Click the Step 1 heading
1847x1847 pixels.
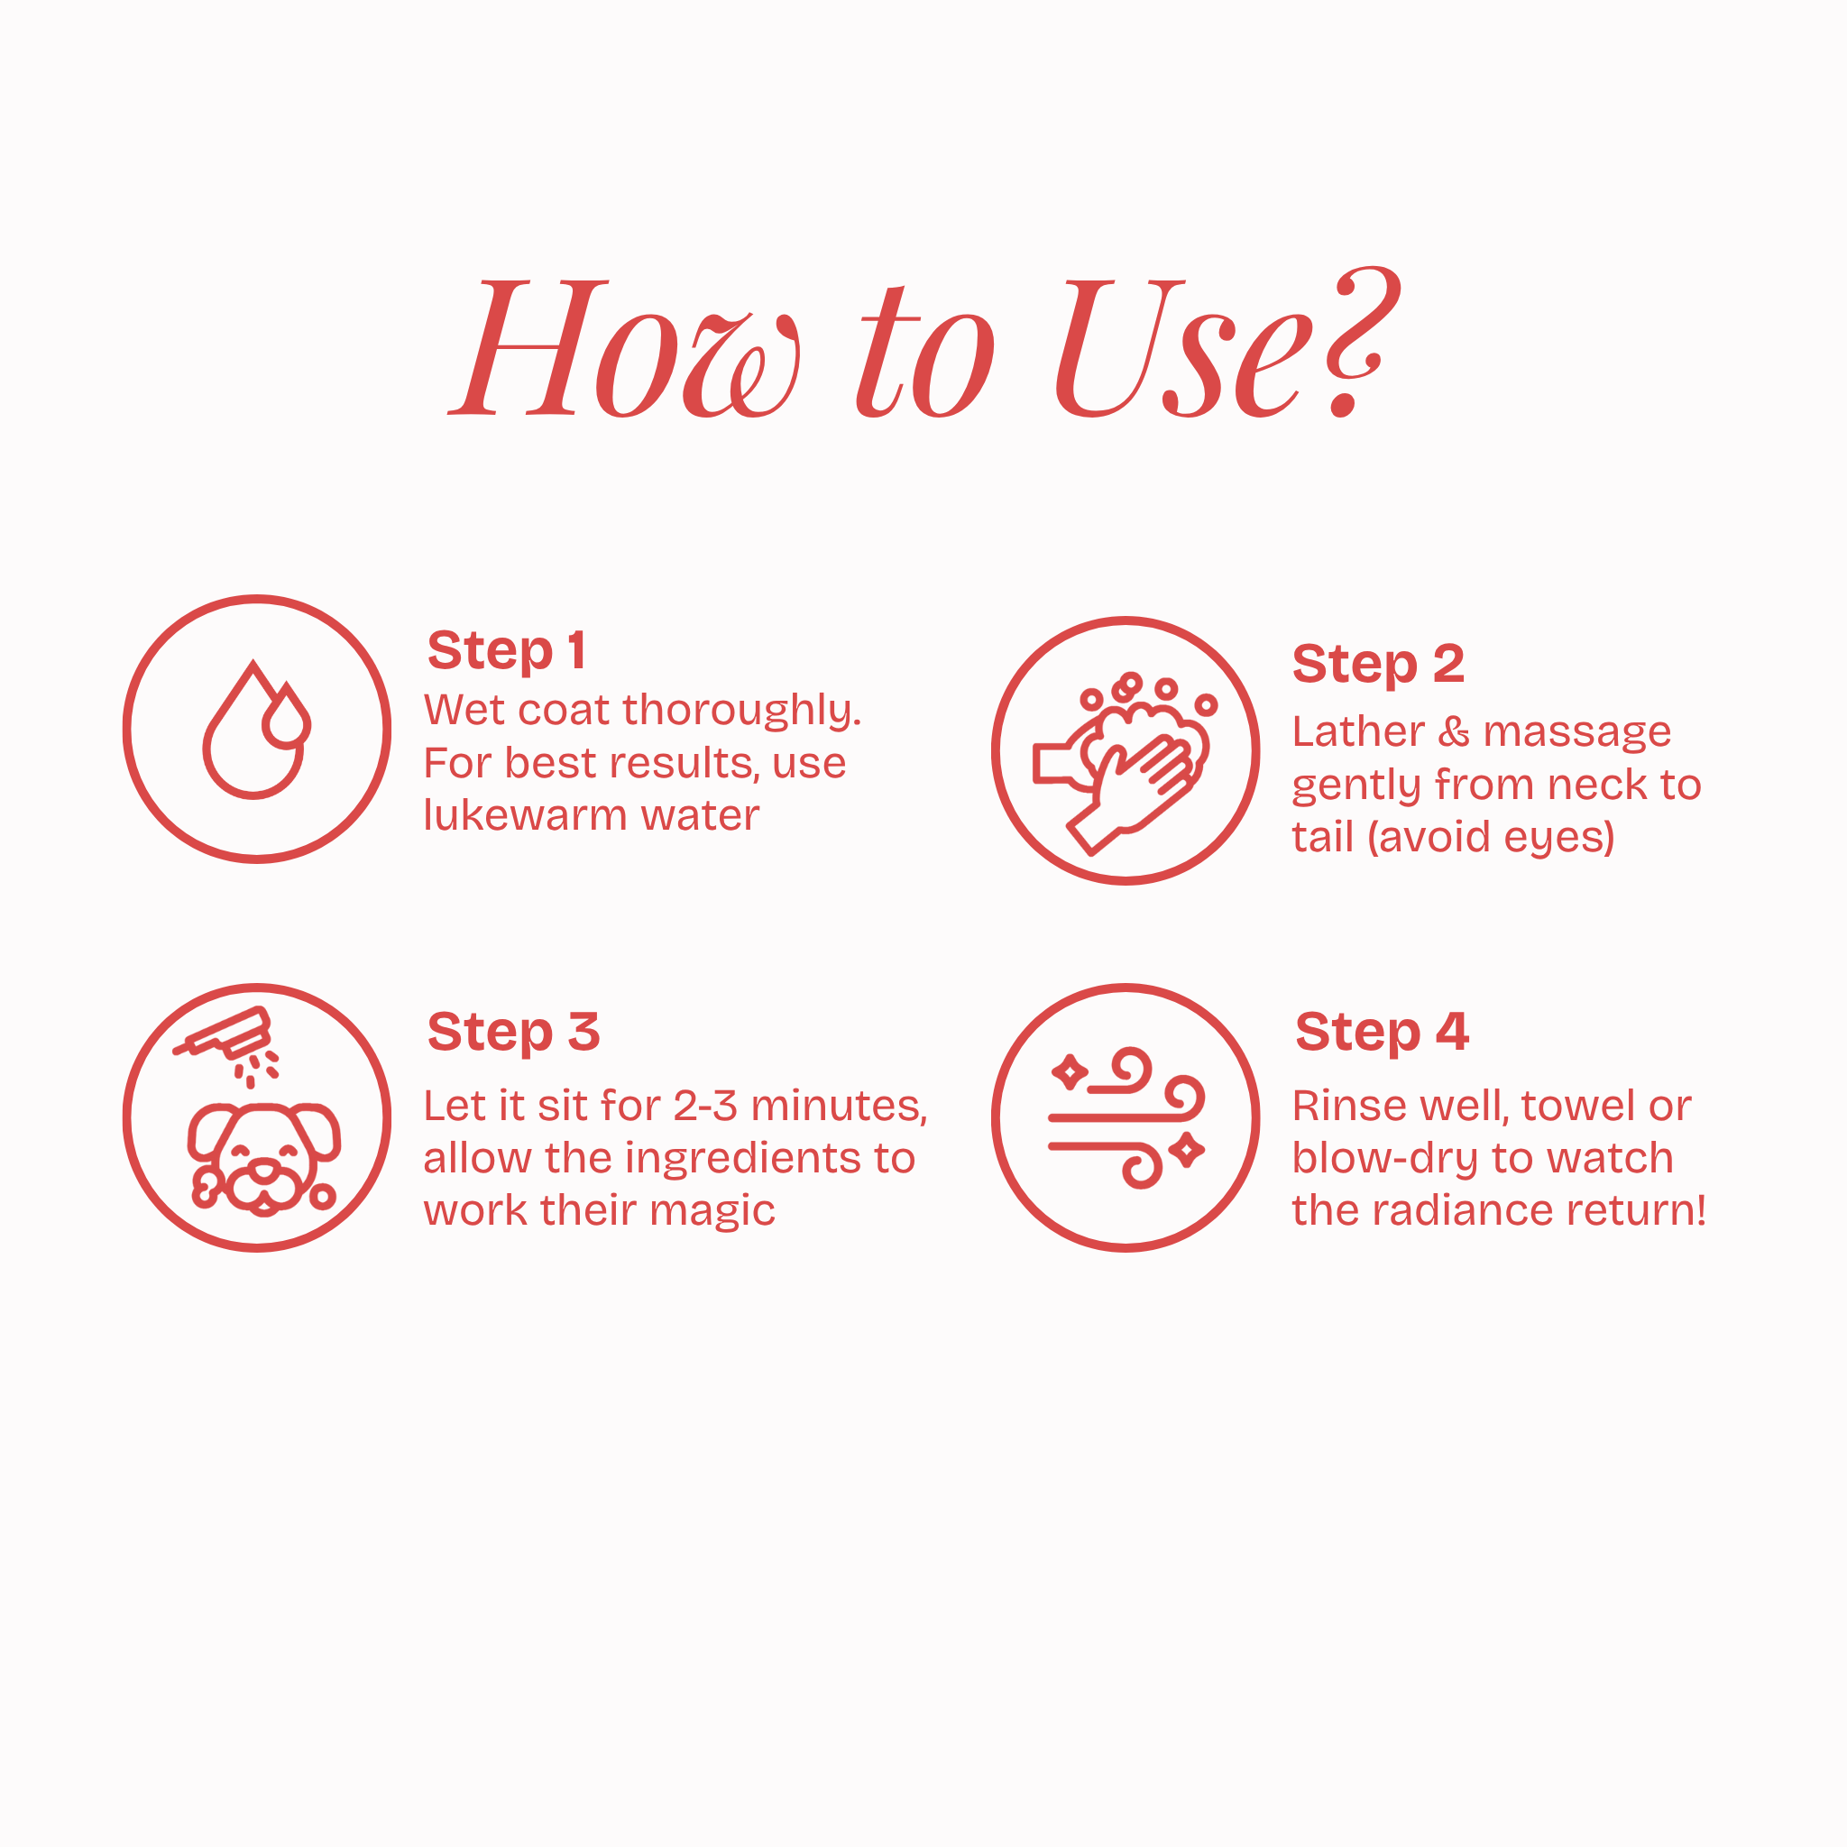tap(507, 651)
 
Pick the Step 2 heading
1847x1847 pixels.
tap(1378, 665)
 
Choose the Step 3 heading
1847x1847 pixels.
tap(513, 1033)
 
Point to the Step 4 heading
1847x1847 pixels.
tap(1382, 1033)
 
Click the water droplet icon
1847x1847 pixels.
tap(256, 730)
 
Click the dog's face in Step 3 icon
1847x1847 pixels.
tap(263, 1159)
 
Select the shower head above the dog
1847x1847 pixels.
tap(224, 1035)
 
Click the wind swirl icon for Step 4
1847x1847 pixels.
tap(1126, 1117)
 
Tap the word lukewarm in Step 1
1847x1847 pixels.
tap(525, 815)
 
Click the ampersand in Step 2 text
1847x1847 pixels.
tap(1454, 732)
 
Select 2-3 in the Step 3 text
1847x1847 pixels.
tap(705, 1106)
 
